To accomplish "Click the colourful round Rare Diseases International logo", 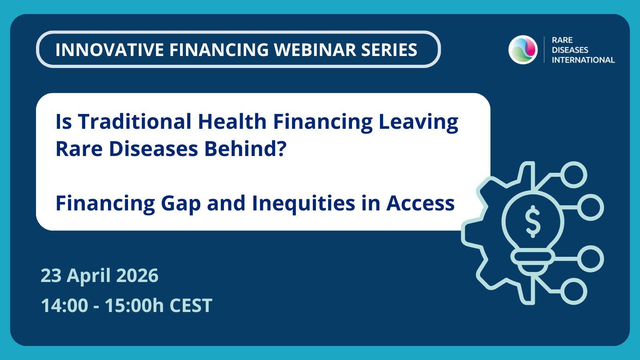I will point(523,50).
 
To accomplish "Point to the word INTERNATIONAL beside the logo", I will point(583,60).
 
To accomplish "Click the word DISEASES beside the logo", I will point(570,50).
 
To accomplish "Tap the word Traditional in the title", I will point(135,122).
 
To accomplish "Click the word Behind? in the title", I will point(246,149).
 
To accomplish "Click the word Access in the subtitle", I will point(420,203).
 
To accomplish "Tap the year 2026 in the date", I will point(137,276).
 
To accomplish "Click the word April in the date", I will point(89,276).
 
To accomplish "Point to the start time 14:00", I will point(64,306).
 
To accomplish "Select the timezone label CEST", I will point(191,306).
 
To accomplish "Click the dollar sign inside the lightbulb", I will point(533,221).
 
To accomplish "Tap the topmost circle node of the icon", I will point(574,175).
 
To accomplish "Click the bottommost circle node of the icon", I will point(574,291).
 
